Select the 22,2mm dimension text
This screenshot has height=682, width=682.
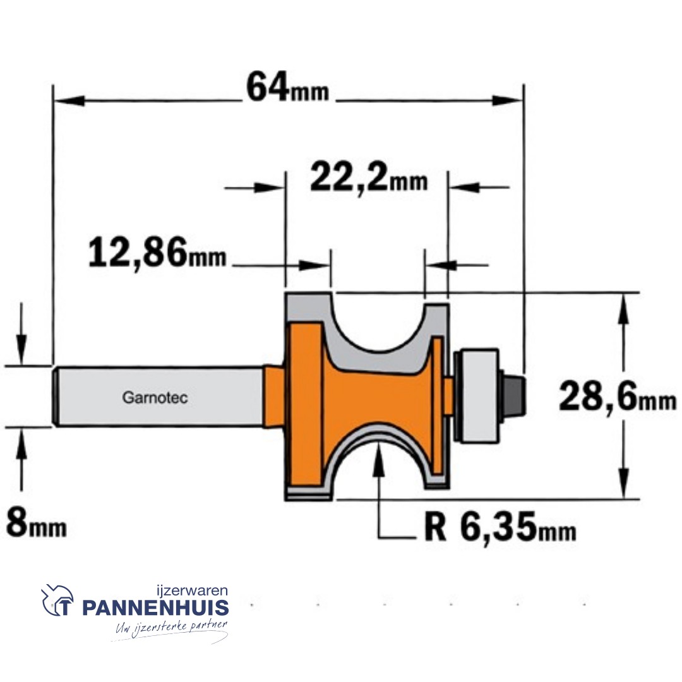coord(368,179)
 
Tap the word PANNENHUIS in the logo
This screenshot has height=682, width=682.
coord(156,608)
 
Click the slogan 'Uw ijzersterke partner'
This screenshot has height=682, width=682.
coord(170,628)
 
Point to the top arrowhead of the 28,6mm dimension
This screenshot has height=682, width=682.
coord(624,308)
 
